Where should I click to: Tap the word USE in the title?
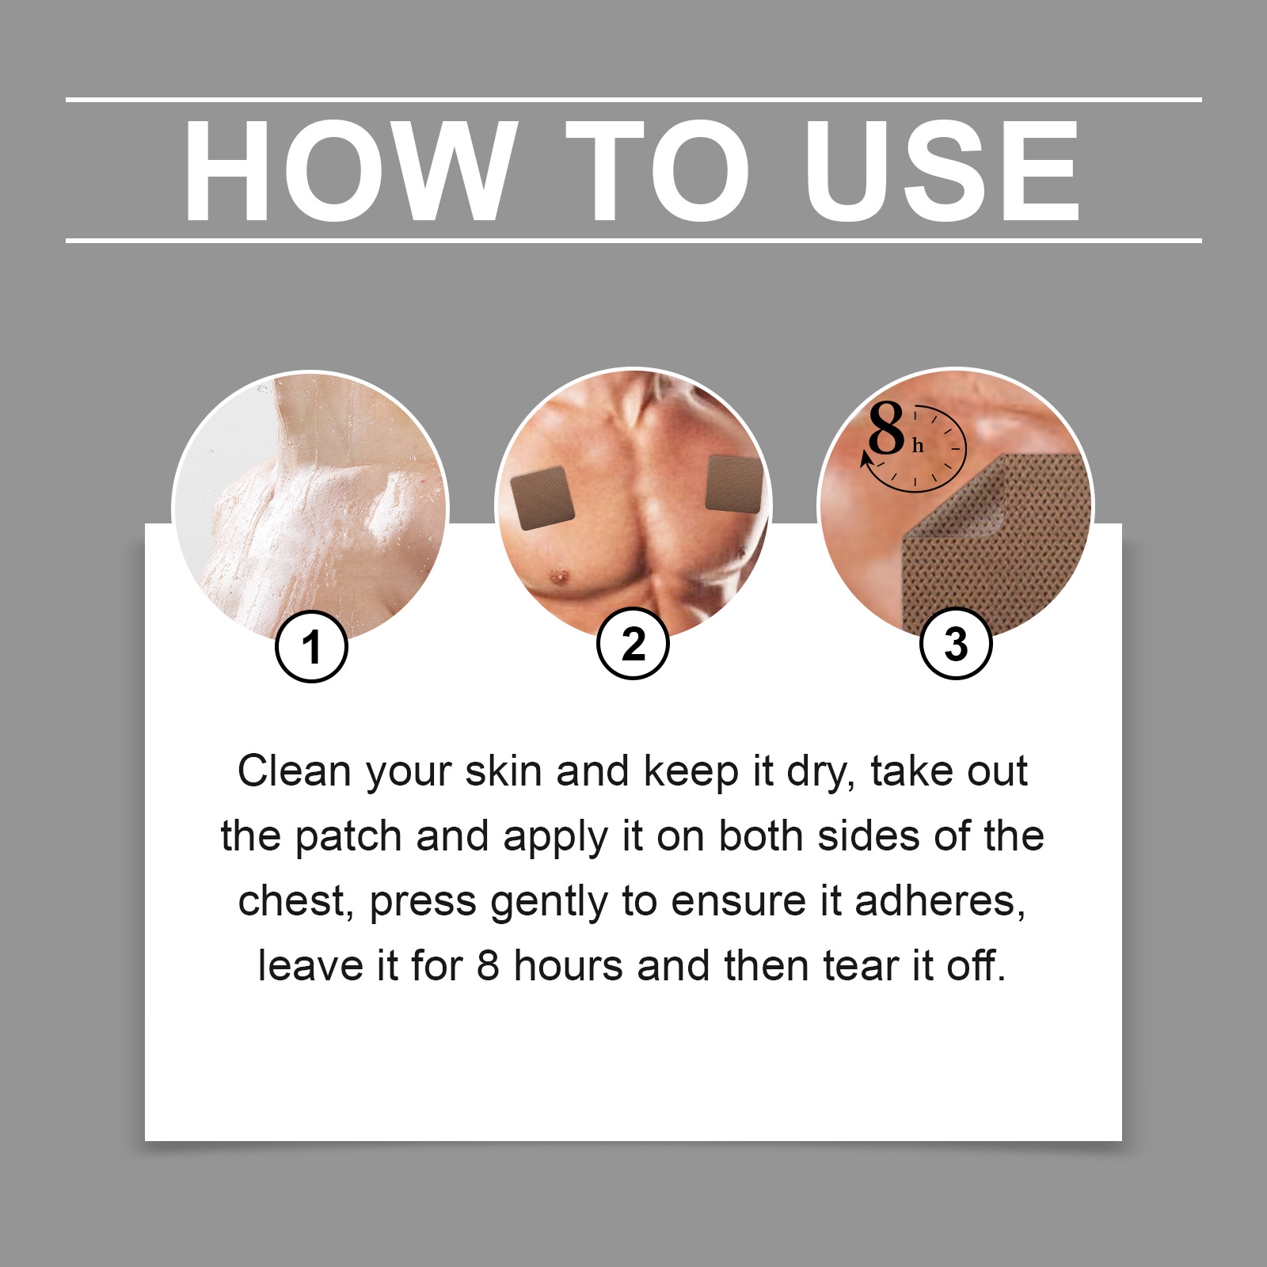point(942,170)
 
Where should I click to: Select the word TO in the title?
point(656,170)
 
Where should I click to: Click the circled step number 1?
point(311,646)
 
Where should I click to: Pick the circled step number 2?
point(633,643)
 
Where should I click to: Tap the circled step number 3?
point(956,643)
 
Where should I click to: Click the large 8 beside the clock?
point(886,428)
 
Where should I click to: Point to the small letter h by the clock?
point(918,446)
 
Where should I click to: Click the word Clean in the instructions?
point(295,770)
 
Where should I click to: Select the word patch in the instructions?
point(348,837)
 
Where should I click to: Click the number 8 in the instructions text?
point(488,966)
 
